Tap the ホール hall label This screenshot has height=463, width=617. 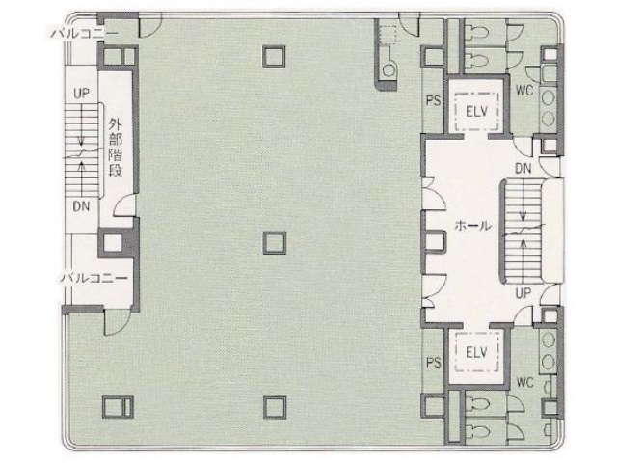tap(472, 228)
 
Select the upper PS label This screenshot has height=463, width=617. tap(433, 100)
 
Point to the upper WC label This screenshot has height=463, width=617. tap(524, 92)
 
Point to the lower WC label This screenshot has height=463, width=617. tap(524, 383)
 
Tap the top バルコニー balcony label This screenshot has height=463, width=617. tap(86, 32)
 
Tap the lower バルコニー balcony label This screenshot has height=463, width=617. tap(94, 278)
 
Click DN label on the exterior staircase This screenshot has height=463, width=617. tap(81, 206)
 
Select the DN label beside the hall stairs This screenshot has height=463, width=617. tap(523, 168)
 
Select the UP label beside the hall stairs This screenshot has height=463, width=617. tap(524, 291)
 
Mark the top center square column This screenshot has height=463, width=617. tap(274, 56)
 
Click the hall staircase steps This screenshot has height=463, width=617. tap(521, 230)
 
